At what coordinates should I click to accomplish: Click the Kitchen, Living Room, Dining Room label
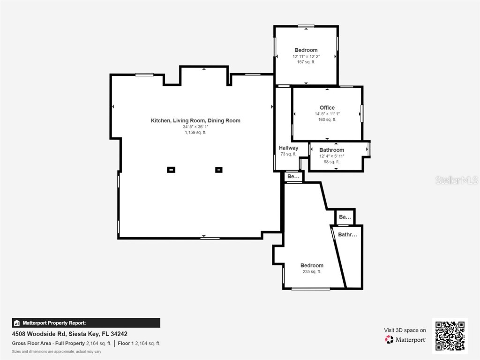(x=195, y=120)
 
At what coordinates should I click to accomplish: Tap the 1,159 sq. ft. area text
(x=195, y=133)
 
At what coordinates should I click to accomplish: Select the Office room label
(x=327, y=108)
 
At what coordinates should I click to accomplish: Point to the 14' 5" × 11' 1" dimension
(x=327, y=114)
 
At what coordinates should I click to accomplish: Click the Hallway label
(x=288, y=148)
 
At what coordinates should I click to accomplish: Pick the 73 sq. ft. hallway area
(x=288, y=154)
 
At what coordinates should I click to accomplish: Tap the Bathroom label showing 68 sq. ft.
(x=331, y=150)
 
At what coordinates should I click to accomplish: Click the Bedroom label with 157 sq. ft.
(x=306, y=50)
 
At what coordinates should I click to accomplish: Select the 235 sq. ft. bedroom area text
(x=312, y=272)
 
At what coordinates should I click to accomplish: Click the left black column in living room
(x=172, y=170)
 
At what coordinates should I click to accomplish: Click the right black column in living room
(x=218, y=170)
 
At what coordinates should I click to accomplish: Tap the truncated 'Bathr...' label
(x=347, y=235)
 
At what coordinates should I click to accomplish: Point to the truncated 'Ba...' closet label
(x=345, y=217)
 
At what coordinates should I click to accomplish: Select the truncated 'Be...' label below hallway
(x=293, y=177)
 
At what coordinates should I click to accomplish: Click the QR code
(x=450, y=335)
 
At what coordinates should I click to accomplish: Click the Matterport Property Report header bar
(x=86, y=323)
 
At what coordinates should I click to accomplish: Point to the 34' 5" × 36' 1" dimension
(x=195, y=127)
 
